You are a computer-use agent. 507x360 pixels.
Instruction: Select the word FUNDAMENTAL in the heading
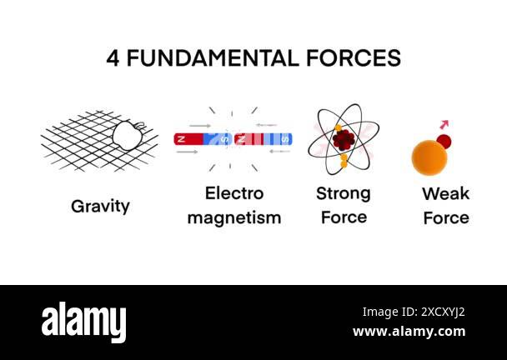[x=215, y=58]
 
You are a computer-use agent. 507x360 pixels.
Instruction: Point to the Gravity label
[x=100, y=206]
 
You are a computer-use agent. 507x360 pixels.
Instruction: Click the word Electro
[x=233, y=194]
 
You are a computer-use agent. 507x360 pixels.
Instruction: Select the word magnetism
[x=233, y=218]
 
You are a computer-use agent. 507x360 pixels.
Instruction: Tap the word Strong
[x=343, y=194]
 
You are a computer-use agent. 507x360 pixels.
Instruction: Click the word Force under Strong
[x=343, y=217]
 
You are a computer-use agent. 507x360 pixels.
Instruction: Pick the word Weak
[x=445, y=194]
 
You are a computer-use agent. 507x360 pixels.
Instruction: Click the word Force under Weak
[x=445, y=218]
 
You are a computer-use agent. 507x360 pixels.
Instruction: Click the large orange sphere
[x=429, y=157]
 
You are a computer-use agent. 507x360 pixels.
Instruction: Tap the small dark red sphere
[x=444, y=141]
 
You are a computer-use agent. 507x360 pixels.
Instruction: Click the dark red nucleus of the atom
[x=343, y=139]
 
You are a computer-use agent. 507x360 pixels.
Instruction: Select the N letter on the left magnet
[x=180, y=138]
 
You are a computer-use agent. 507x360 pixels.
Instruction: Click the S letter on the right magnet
[x=285, y=138]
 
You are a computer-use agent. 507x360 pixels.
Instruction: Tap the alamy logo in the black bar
[x=83, y=322]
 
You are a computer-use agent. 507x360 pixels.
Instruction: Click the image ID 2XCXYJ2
[x=413, y=312]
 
